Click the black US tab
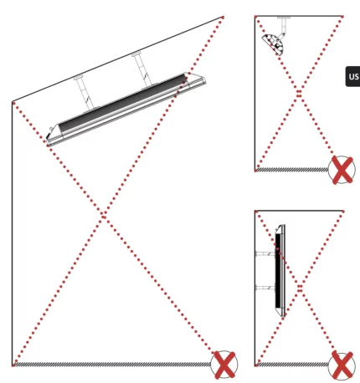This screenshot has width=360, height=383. point(352,77)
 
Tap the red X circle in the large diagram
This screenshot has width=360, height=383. point(224,365)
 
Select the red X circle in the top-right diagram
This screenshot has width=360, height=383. point(342,170)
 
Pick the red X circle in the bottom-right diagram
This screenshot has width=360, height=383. point(342,365)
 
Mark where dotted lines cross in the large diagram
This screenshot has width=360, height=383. point(105,217)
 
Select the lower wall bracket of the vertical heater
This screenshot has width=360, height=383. point(265,289)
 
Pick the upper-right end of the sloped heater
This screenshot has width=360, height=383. point(194,77)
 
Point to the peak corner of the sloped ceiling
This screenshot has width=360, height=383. point(224,15)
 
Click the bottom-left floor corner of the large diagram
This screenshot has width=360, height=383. point(13,365)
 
